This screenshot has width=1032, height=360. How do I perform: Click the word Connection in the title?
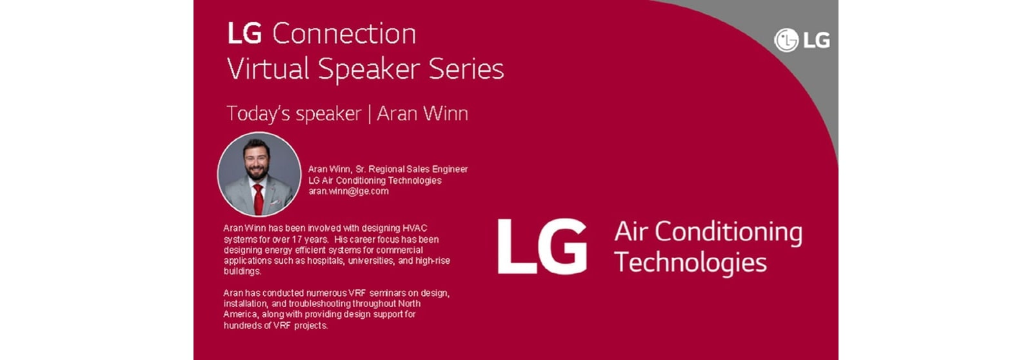click(x=344, y=34)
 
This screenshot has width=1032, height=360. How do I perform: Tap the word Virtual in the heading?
click(x=268, y=68)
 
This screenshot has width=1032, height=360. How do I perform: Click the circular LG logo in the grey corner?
click(x=786, y=40)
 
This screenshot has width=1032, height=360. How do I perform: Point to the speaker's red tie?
click(x=259, y=199)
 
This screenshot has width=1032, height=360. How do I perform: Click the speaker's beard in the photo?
click(x=257, y=172)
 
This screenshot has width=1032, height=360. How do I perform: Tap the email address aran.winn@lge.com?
click(x=348, y=192)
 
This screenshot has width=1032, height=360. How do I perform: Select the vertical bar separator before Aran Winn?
click(x=370, y=114)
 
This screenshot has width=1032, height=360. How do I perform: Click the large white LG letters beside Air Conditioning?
click(x=542, y=246)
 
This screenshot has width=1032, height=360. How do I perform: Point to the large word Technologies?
click(x=690, y=263)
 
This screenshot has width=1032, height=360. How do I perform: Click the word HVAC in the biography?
click(x=415, y=228)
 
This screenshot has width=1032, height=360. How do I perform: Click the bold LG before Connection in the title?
click(x=245, y=34)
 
